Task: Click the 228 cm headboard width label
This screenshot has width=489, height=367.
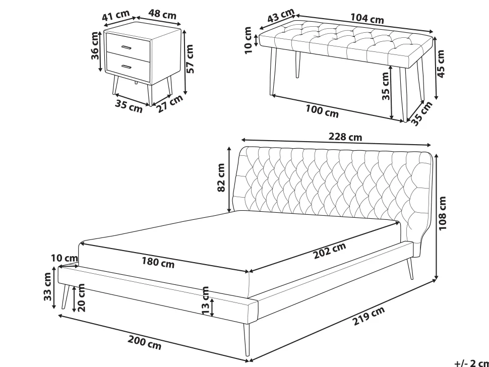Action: (345, 137)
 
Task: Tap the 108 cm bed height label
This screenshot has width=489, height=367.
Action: (443, 213)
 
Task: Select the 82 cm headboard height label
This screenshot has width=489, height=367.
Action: (221, 177)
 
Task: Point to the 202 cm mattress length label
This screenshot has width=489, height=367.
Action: (330, 250)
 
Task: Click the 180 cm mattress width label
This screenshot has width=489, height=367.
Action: (158, 262)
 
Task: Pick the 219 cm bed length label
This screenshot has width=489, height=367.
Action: (369, 316)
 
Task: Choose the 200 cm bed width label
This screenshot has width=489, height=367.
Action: (145, 342)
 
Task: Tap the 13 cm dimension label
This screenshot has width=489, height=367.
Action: (205, 300)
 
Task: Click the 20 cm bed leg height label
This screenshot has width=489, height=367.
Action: (81, 297)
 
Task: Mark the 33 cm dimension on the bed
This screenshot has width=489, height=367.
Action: (47, 286)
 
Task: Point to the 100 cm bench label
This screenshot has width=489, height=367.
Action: (322, 111)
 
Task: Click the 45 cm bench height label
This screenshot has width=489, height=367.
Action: (441, 64)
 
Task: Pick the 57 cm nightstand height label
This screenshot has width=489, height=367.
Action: (190, 59)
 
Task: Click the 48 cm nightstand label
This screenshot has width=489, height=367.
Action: (162, 14)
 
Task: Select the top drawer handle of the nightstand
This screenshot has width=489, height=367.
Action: (127, 47)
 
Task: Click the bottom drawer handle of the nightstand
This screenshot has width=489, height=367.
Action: (127, 67)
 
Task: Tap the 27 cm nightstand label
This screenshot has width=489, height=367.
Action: (169, 103)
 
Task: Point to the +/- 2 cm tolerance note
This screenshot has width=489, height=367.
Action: (471, 363)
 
